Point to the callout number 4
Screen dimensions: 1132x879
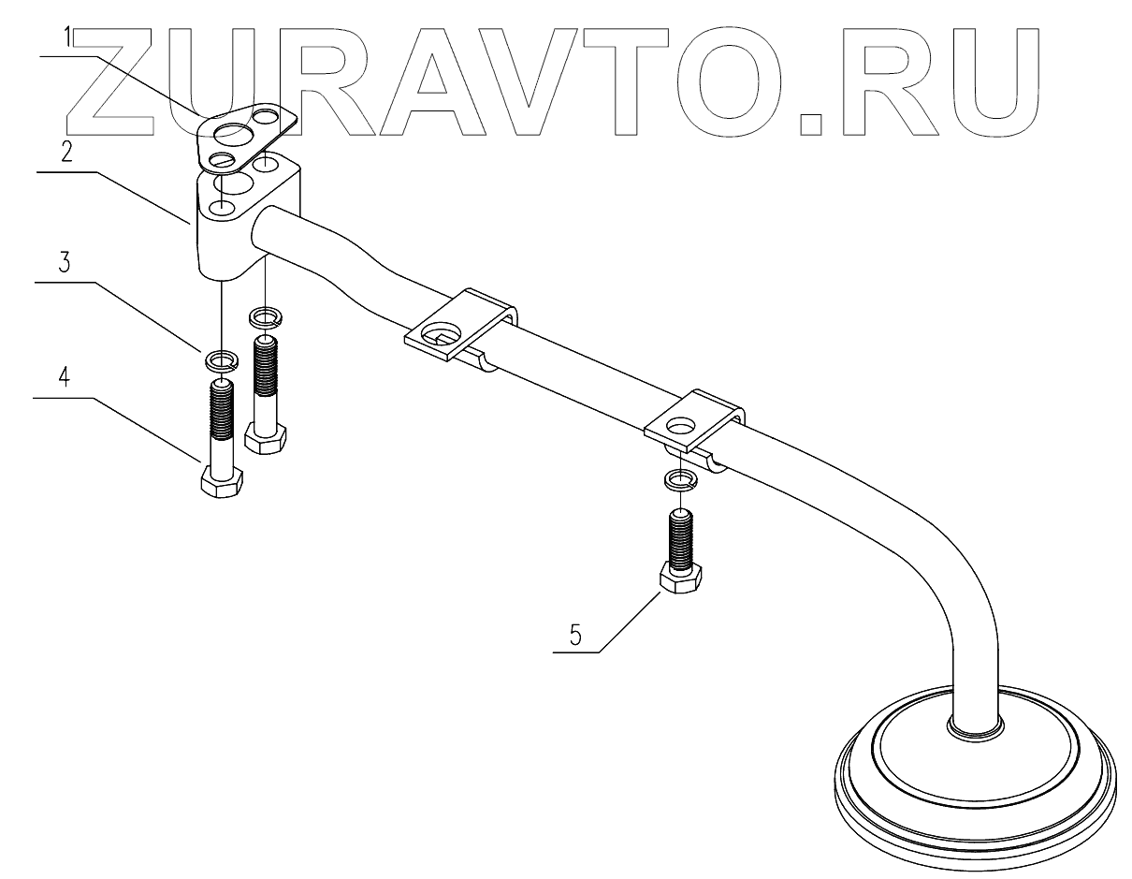click(65, 379)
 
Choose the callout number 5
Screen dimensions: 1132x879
click(575, 635)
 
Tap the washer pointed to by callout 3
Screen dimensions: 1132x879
click(221, 359)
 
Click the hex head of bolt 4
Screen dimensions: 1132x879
click(222, 483)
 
